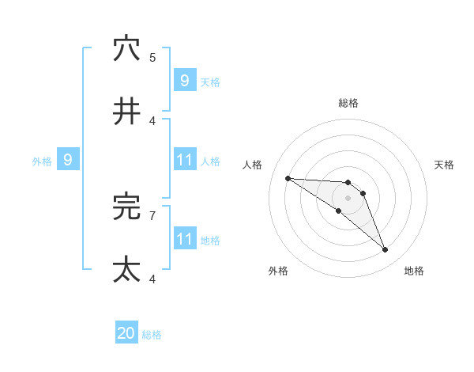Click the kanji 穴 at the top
click(126, 48)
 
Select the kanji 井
click(126, 112)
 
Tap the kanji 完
click(126, 207)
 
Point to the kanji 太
click(126, 270)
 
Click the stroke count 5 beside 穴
click(152, 57)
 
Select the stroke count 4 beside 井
click(152, 120)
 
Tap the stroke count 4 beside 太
click(152, 279)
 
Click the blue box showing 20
click(126, 334)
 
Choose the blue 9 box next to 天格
click(184, 81)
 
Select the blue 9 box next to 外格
click(68, 161)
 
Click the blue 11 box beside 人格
click(184, 161)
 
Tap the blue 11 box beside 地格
click(184, 239)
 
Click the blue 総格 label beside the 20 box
click(152, 335)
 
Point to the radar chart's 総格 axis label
click(348, 103)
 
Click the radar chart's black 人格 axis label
click(253, 165)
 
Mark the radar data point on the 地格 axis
click(386, 250)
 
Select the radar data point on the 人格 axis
click(288, 178)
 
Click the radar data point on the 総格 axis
click(348, 183)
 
